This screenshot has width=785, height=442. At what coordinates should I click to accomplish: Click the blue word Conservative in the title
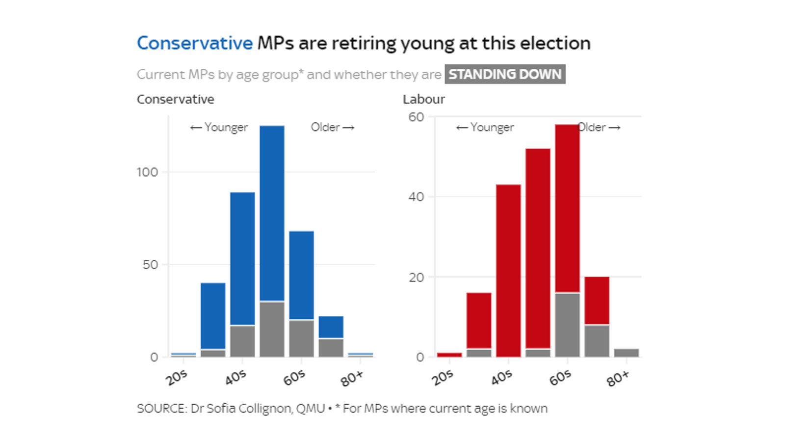pos(194,43)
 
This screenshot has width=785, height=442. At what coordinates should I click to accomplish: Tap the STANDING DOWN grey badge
pos(505,74)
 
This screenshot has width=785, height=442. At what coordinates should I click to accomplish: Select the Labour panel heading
pos(423,99)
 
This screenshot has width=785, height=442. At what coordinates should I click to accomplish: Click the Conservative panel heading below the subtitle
pos(175,99)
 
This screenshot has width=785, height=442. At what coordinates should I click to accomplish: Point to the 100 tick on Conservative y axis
pos(147,172)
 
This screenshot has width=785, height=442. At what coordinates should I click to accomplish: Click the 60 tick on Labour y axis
pos(416,117)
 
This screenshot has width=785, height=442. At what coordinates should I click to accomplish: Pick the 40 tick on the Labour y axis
pos(416,197)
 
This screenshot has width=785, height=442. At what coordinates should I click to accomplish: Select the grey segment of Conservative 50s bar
pos(272,329)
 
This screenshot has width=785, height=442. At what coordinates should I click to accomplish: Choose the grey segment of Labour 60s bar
pos(567,325)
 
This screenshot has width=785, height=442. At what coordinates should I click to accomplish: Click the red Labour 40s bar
pos(508,270)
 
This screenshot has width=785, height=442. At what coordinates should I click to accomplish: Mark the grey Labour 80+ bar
pos(626,353)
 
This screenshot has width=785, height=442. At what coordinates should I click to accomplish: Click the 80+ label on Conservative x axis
pos(352,379)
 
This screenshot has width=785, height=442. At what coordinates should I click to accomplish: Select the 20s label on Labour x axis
pos(442,378)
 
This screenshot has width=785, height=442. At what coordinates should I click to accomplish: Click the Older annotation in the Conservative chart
pos(325,127)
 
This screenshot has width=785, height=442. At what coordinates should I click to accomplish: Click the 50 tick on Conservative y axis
pos(150,265)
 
